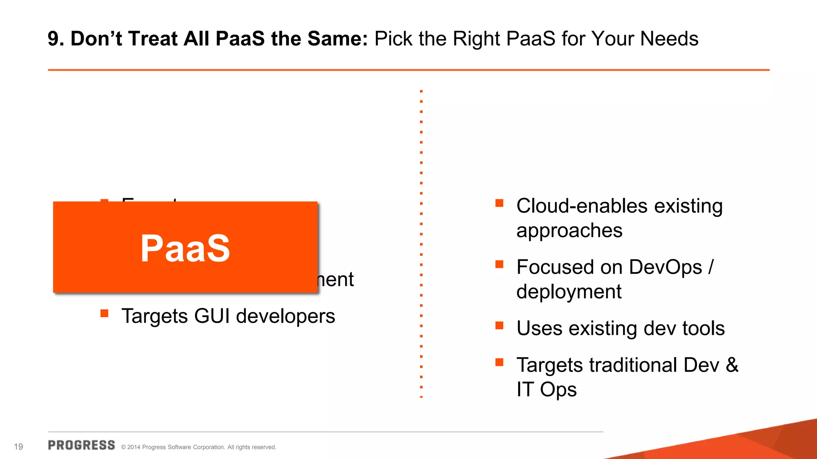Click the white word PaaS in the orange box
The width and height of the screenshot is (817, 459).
[x=185, y=249]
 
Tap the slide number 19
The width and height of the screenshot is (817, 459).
[x=18, y=447]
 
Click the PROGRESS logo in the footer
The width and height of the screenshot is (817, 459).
[x=81, y=445]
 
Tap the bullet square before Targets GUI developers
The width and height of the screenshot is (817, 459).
[x=105, y=313]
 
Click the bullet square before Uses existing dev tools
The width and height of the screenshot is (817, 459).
[x=499, y=326]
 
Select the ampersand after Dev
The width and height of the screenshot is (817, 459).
[x=732, y=365]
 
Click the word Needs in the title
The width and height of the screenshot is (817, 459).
[x=669, y=39]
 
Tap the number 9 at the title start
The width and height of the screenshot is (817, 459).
[x=53, y=39]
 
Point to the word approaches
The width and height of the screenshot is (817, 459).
[x=569, y=231]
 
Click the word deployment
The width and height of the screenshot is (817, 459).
[x=568, y=292]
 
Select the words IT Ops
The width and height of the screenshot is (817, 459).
[x=546, y=389]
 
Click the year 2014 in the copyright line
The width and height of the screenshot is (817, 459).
[x=134, y=447]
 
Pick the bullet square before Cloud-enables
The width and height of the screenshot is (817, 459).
[x=499, y=203]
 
